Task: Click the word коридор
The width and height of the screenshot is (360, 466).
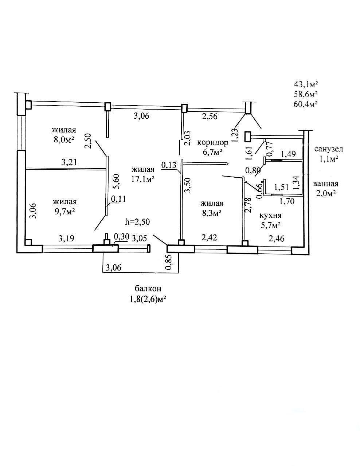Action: (x=212, y=143)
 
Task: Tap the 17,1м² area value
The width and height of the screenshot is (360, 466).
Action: (x=143, y=179)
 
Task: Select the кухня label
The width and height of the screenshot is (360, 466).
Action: (x=270, y=215)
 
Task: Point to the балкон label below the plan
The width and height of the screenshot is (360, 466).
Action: (x=148, y=289)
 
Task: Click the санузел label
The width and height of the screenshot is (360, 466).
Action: (x=329, y=149)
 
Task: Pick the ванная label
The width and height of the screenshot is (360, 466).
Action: (x=326, y=184)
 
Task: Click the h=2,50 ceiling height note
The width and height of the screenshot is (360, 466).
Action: (x=137, y=221)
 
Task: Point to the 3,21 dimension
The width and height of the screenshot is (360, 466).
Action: (x=69, y=162)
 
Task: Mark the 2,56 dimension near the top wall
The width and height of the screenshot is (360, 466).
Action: (x=210, y=116)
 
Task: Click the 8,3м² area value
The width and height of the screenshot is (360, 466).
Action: (x=211, y=213)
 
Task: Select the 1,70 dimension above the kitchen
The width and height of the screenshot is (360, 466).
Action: (x=287, y=201)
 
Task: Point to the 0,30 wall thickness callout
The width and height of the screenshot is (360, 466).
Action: (x=121, y=236)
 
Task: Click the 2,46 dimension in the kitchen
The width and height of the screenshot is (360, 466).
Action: (x=277, y=238)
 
